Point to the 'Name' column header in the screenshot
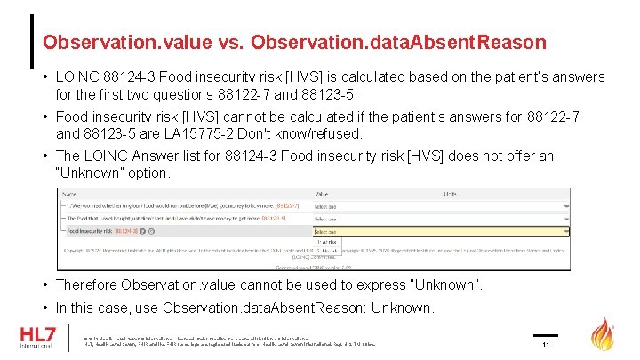click(x=69, y=193)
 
